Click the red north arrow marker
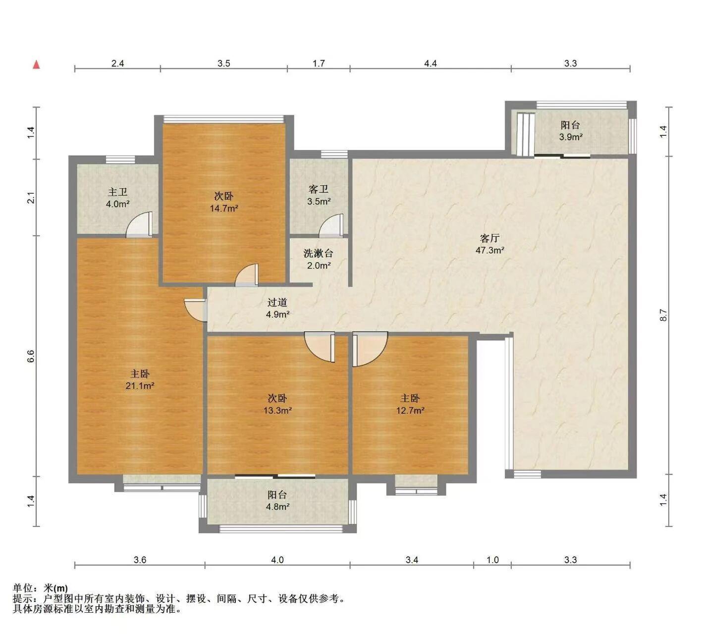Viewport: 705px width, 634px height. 36,65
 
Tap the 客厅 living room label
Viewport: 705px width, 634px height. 489,239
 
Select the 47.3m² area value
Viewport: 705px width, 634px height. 490,250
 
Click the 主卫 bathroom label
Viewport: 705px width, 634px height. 118,192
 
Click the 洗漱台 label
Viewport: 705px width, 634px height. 319,254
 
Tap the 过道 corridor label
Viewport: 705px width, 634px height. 277,302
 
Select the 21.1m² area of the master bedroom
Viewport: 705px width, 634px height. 140,385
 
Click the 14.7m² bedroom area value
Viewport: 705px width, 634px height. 224,209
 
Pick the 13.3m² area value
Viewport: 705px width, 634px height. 277,410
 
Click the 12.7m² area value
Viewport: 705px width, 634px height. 411,410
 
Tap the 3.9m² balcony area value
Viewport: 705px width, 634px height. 571,137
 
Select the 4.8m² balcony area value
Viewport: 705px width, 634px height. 277,506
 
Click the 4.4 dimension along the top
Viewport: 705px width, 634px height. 431,63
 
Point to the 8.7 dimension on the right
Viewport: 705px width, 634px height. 663,315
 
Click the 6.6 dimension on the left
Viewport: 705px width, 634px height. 31,356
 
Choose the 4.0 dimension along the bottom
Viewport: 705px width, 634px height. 277,560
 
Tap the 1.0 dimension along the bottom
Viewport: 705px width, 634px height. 493,560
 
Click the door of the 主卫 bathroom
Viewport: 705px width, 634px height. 140,224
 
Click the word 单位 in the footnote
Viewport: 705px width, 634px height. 23,588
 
